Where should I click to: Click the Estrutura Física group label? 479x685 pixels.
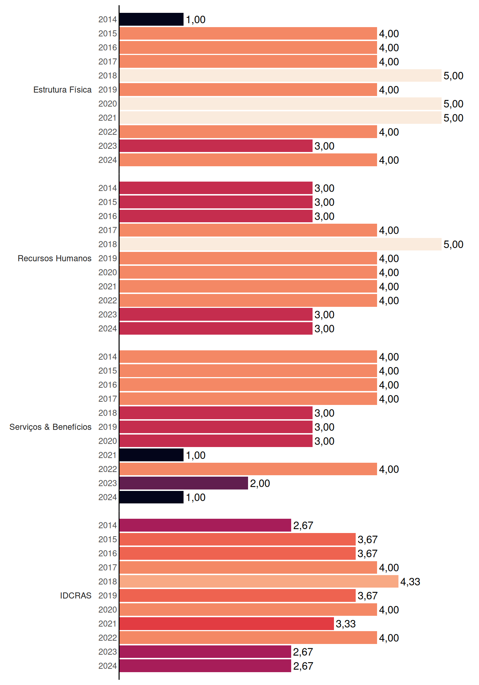click(62, 90)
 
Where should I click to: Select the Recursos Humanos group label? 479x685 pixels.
click(55, 258)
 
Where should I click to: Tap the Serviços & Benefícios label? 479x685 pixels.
click(50, 427)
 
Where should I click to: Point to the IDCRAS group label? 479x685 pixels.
click(76, 595)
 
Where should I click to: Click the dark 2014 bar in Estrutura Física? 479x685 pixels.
click(151, 19)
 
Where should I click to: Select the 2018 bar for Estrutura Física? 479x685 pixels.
click(280, 76)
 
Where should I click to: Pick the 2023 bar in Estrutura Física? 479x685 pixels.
click(216, 146)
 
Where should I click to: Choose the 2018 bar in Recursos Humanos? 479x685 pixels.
click(280, 244)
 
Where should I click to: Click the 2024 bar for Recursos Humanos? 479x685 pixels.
click(216, 329)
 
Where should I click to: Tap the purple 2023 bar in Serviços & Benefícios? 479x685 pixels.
click(184, 483)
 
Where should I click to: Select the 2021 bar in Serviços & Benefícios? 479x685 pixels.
click(151, 455)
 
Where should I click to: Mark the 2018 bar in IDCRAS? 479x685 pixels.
click(259, 582)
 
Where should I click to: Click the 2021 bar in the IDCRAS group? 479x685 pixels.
click(227, 624)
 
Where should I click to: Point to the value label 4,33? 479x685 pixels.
click(410, 582)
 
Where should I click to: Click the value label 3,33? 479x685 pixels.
click(346, 624)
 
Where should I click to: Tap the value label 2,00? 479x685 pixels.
click(260, 483)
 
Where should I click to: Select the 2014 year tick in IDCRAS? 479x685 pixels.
click(108, 525)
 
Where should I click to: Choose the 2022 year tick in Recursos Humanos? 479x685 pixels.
click(108, 300)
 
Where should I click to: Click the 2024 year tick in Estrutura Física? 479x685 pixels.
click(108, 160)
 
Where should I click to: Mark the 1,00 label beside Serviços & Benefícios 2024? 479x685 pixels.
click(196, 497)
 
